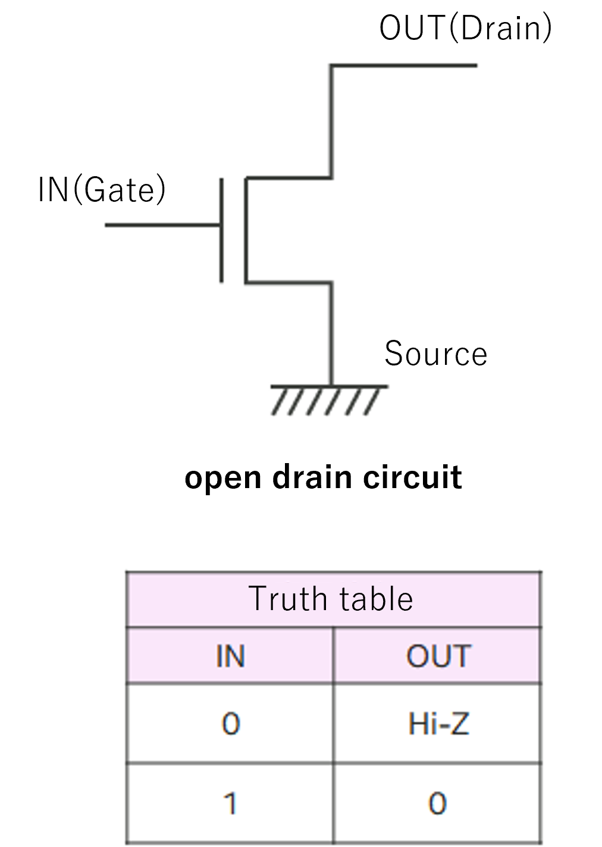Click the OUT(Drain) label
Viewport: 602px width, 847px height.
tap(465, 28)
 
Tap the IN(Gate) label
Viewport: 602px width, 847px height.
tap(102, 190)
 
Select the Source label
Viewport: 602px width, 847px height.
tap(435, 354)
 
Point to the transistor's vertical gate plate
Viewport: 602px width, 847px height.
tap(222, 229)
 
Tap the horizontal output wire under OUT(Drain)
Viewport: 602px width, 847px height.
tap(405, 65)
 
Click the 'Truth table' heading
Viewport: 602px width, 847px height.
tap(331, 599)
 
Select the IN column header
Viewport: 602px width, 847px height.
tap(230, 656)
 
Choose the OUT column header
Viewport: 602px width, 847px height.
tap(438, 656)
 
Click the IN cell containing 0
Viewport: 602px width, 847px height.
tap(230, 724)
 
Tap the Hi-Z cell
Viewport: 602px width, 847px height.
tap(438, 724)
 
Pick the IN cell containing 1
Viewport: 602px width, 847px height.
tap(230, 804)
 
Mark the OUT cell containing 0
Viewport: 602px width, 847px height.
tap(437, 804)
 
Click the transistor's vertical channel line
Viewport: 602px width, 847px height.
tap(244, 230)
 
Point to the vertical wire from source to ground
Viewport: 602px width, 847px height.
tap(331, 333)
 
